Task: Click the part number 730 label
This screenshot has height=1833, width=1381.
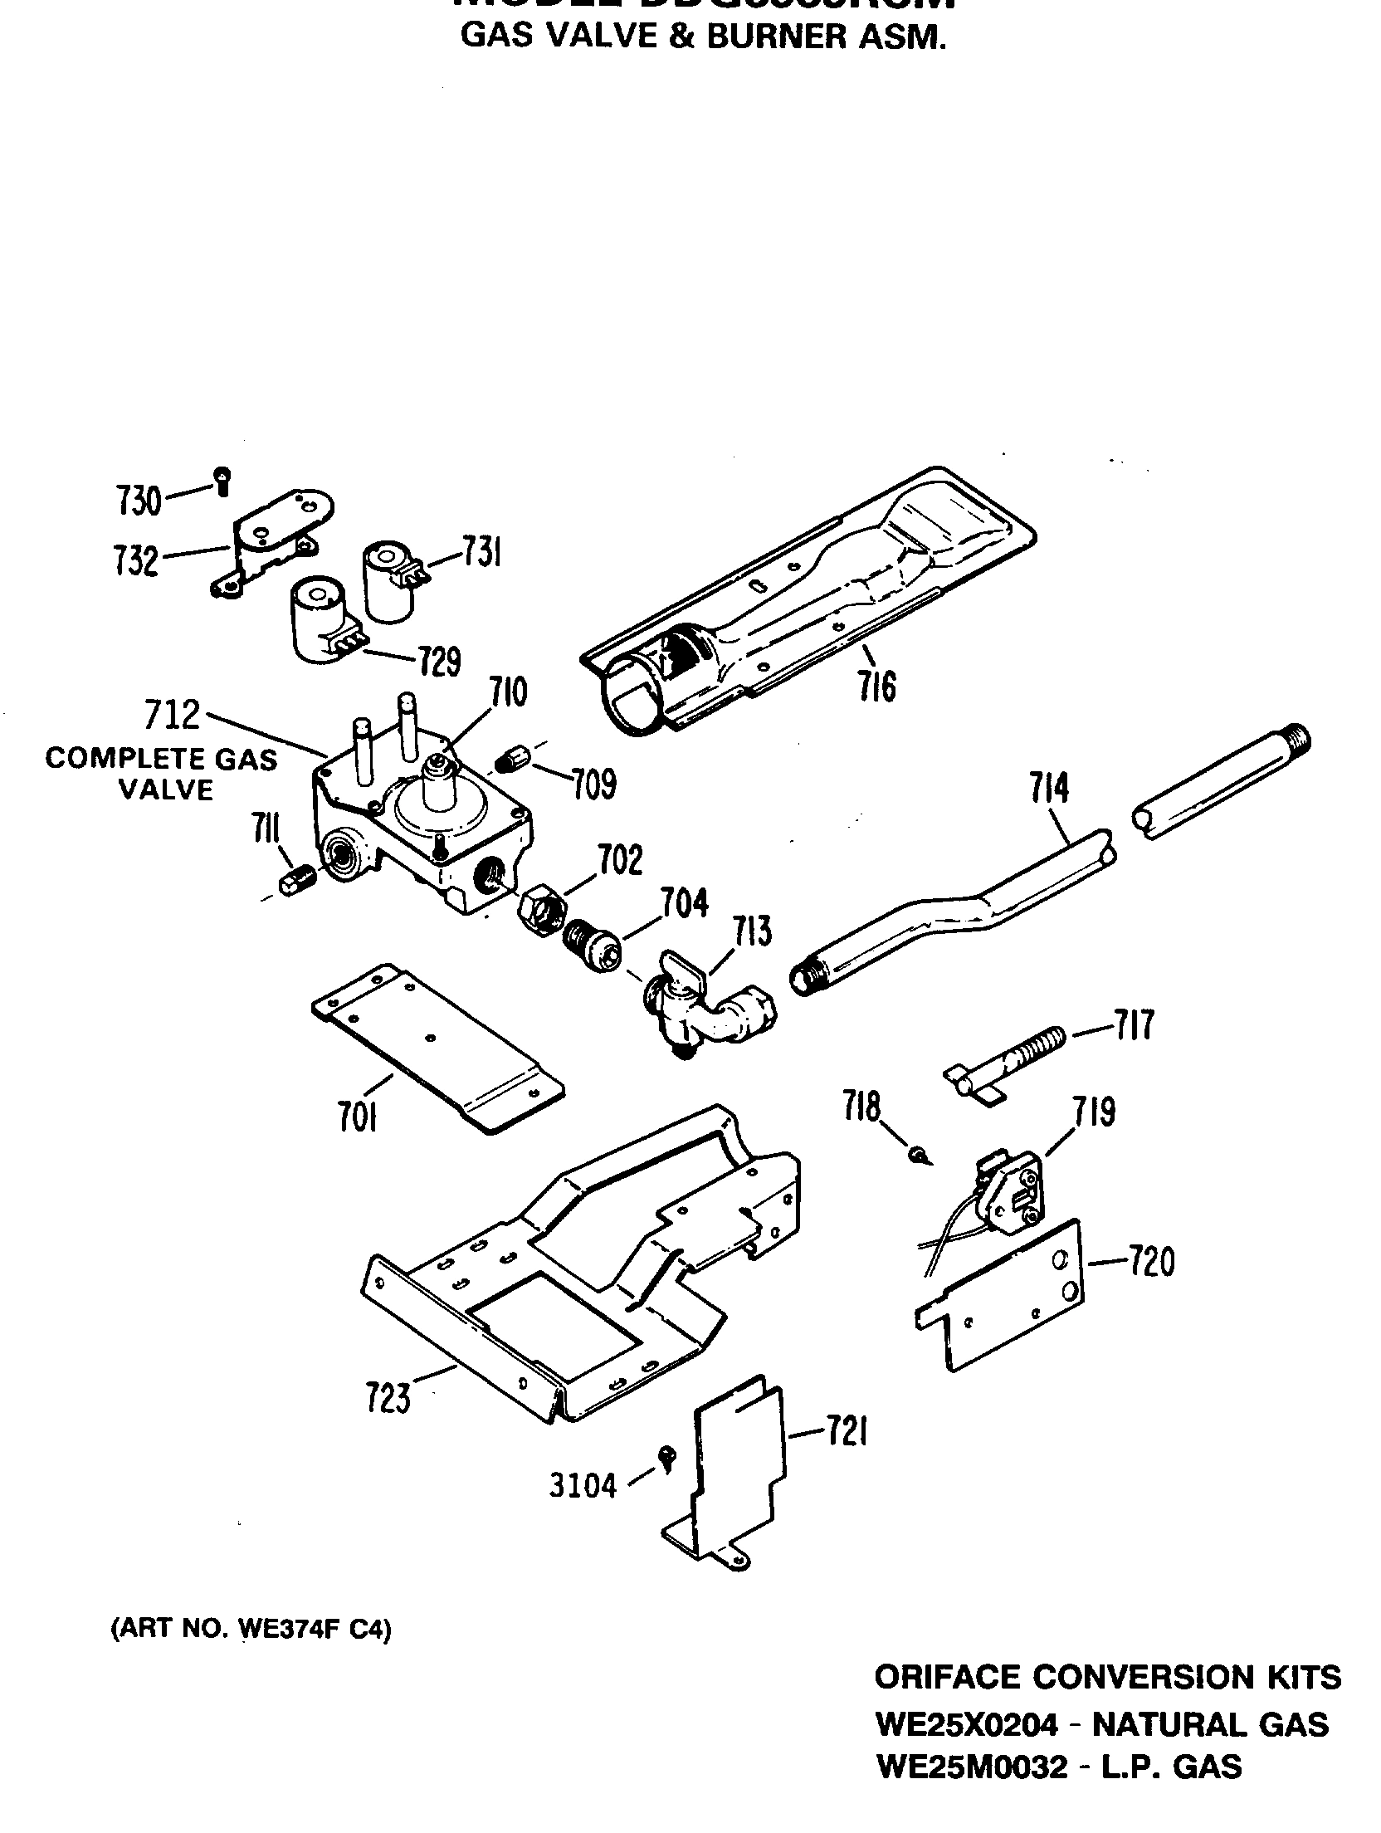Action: [x=139, y=501]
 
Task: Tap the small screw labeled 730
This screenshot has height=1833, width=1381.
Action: [x=222, y=480]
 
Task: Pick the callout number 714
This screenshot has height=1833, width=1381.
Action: [x=1049, y=789]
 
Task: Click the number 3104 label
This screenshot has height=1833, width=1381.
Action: [x=583, y=1486]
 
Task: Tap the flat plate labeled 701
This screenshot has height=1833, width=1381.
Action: [x=436, y=1045]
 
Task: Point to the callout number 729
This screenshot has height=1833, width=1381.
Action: [x=439, y=662]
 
